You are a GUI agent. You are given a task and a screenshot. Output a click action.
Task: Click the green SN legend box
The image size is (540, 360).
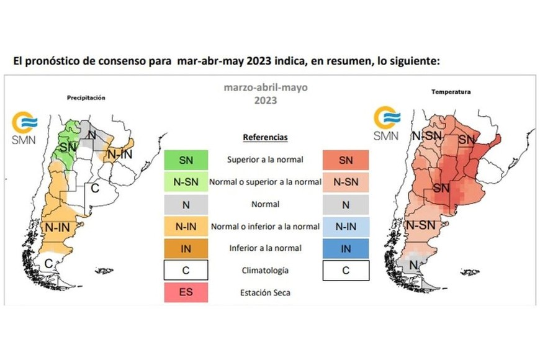click(x=186, y=160)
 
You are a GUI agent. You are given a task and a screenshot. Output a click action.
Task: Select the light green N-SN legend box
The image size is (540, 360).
click(x=186, y=182)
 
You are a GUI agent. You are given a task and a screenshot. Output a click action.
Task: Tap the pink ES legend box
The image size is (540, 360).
click(x=186, y=292)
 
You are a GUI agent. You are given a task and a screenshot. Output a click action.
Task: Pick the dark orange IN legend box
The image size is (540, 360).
click(x=186, y=248)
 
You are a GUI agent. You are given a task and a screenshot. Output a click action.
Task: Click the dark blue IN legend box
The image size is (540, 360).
click(x=346, y=248)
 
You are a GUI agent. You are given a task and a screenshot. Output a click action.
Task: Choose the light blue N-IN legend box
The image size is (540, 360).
click(x=346, y=227)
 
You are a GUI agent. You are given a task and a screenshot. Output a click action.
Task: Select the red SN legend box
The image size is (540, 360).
click(x=346, y=160)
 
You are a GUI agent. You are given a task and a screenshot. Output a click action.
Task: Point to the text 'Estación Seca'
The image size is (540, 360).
click(x=265, y=292)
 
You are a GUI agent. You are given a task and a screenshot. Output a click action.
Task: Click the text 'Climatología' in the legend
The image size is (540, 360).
click(x=265, y=271)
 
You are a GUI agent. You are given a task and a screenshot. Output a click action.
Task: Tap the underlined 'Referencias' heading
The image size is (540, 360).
click(x=265, y=137)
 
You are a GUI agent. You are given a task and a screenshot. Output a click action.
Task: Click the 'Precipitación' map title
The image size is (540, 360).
click(x=86, y=97)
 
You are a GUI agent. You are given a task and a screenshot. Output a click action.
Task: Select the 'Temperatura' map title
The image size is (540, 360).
click(x=451, y=92)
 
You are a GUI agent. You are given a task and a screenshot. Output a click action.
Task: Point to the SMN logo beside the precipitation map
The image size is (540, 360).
click(x=25, y=127)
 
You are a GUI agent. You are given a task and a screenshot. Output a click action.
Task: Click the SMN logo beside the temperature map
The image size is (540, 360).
click(x=387, y=123)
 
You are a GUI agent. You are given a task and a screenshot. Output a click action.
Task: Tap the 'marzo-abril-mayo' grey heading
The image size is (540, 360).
click(x=265, y=88)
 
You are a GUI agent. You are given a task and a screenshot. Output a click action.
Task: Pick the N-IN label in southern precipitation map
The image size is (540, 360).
click(x=56, y=228)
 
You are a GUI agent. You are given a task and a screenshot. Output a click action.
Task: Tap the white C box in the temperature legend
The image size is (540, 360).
click(x=346, y=271)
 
